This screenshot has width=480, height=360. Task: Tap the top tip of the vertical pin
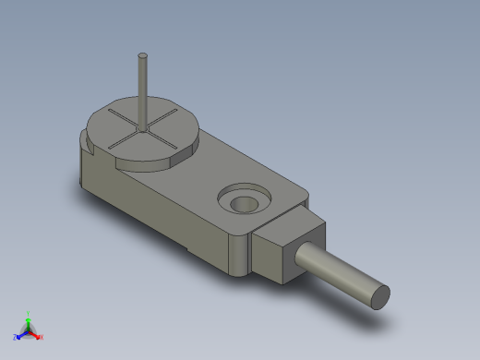click(143, 55)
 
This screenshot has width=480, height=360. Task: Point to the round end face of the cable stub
click(379, 296)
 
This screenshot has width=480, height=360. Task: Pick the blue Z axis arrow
click(19, 335)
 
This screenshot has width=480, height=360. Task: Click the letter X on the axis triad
click(42, 338)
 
